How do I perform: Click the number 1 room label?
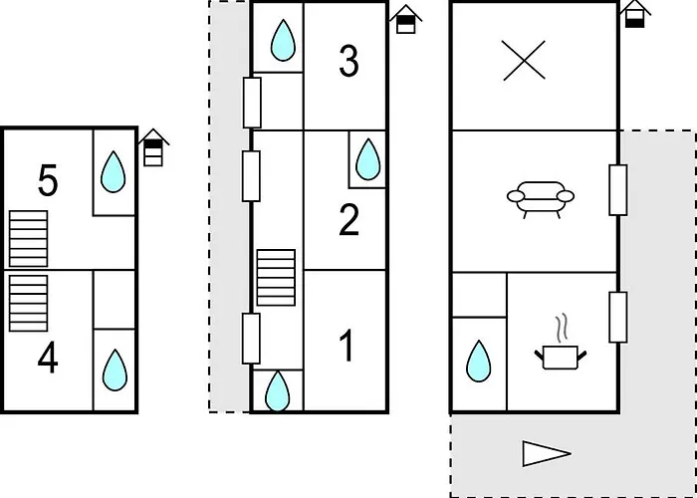(x=346, y=345)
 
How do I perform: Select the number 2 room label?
(x=348, y=220)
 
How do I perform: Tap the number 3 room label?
(x=348, y=62)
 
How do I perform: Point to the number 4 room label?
(x=48, y=360)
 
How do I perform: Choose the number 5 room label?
(x=48, y=180)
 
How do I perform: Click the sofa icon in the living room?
(x=541, y=199)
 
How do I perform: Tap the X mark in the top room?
(x=524, y=61)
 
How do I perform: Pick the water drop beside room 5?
(x=113, y=171)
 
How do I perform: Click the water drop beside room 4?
(x=115, y=370)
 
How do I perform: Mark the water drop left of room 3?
(x=283, y=40)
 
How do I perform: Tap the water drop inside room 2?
(x=368, y=159)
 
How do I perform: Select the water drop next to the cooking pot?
(x=479, y=361)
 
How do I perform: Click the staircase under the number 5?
(x=29, y=239)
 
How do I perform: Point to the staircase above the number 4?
(x=29, y=303)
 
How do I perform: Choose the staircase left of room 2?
(x=276, y=278)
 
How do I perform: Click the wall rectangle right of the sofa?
(x=618, y=190)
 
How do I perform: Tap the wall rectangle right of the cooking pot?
(x=618, y=317)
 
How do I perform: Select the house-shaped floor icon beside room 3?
(x=406, y=19)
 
